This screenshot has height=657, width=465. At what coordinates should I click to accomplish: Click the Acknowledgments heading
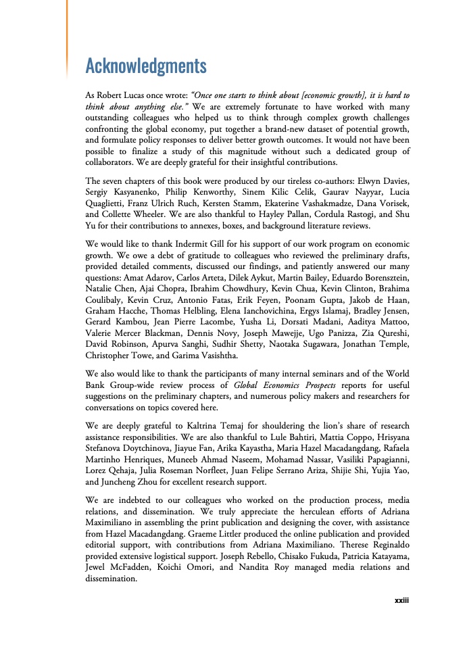tap(145, 66)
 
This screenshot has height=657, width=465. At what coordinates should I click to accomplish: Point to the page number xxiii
tap(402, 599)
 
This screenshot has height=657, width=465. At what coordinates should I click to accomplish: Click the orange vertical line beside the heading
tap(67, 34)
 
